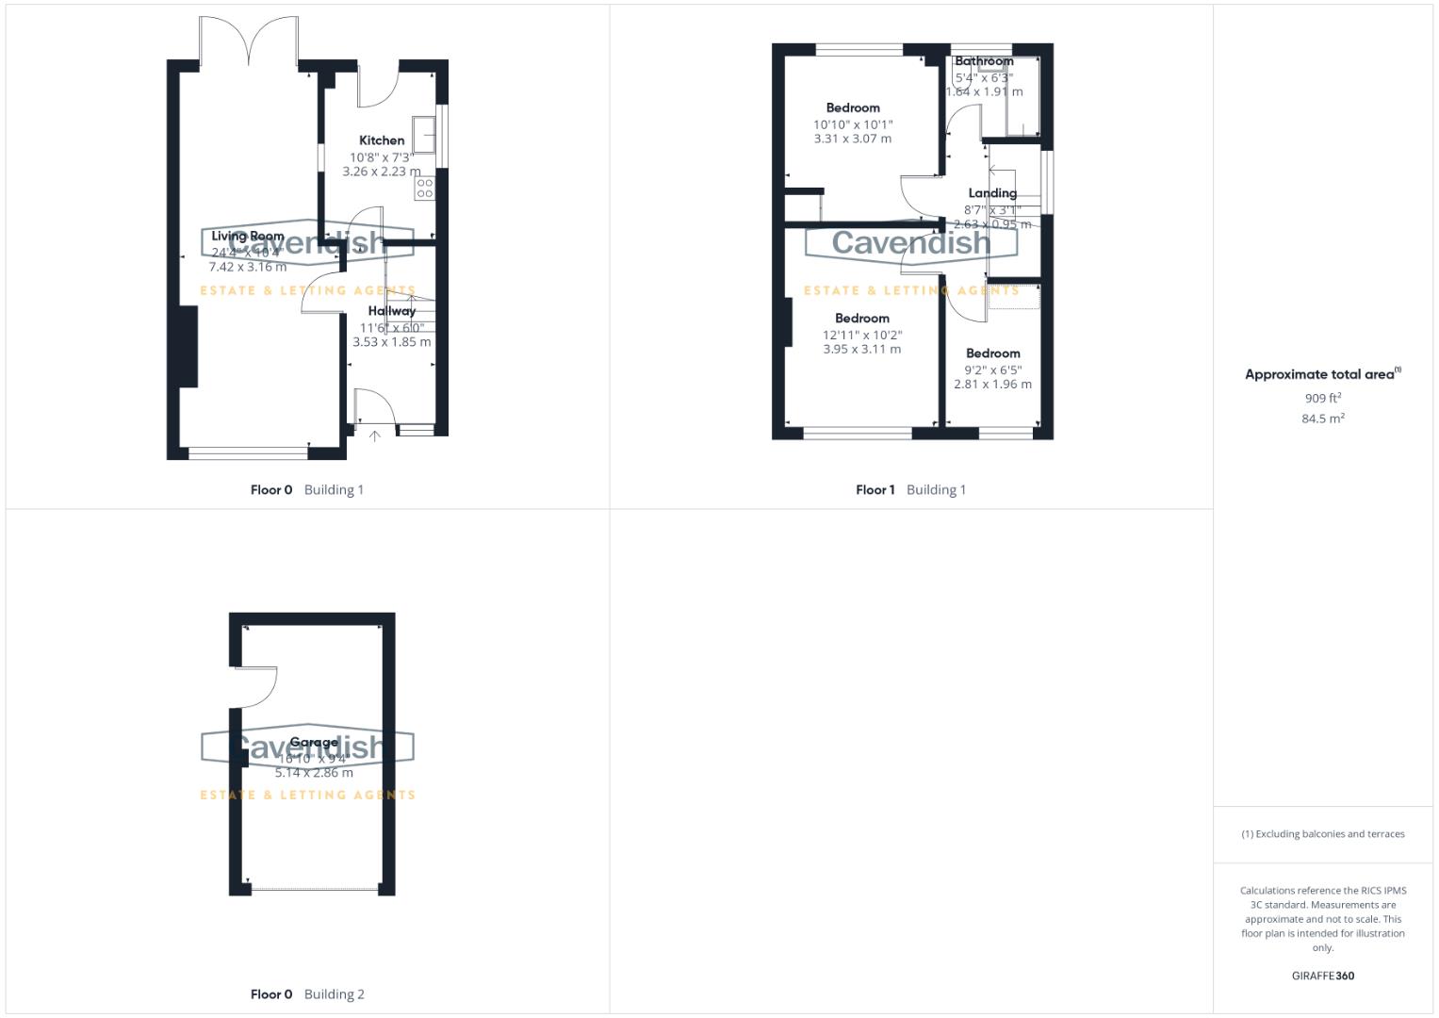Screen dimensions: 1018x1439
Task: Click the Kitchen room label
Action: (382, 140)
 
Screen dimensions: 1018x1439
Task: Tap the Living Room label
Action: (247, 237)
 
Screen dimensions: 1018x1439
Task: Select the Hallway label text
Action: (392, 311)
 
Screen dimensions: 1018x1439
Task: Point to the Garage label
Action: (313, 742)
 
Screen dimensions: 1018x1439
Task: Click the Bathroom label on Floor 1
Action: (984, 61)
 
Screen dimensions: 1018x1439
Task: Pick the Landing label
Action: (992, 193)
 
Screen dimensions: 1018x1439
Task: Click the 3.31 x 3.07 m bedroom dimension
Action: (852, 139)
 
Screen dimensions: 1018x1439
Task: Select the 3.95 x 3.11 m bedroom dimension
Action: (861, 349)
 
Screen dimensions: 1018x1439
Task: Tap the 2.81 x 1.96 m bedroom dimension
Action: (992, 385)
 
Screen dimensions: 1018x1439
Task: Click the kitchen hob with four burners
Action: (424, 188)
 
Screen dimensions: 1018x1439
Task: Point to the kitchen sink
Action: (425, 135)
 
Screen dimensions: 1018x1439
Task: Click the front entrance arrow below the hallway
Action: (374, 435)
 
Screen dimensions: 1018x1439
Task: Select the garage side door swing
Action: (254, 686)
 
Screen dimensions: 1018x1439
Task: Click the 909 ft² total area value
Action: (1322, 399)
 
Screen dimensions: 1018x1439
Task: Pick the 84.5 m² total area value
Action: (1322, 419)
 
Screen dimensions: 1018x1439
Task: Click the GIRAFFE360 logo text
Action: (1322, 977)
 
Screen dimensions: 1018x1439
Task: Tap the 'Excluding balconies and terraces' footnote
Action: (1322, 834)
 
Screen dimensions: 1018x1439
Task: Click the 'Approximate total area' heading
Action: (1321, 374)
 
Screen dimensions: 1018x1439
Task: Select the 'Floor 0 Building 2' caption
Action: (307, 994)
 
